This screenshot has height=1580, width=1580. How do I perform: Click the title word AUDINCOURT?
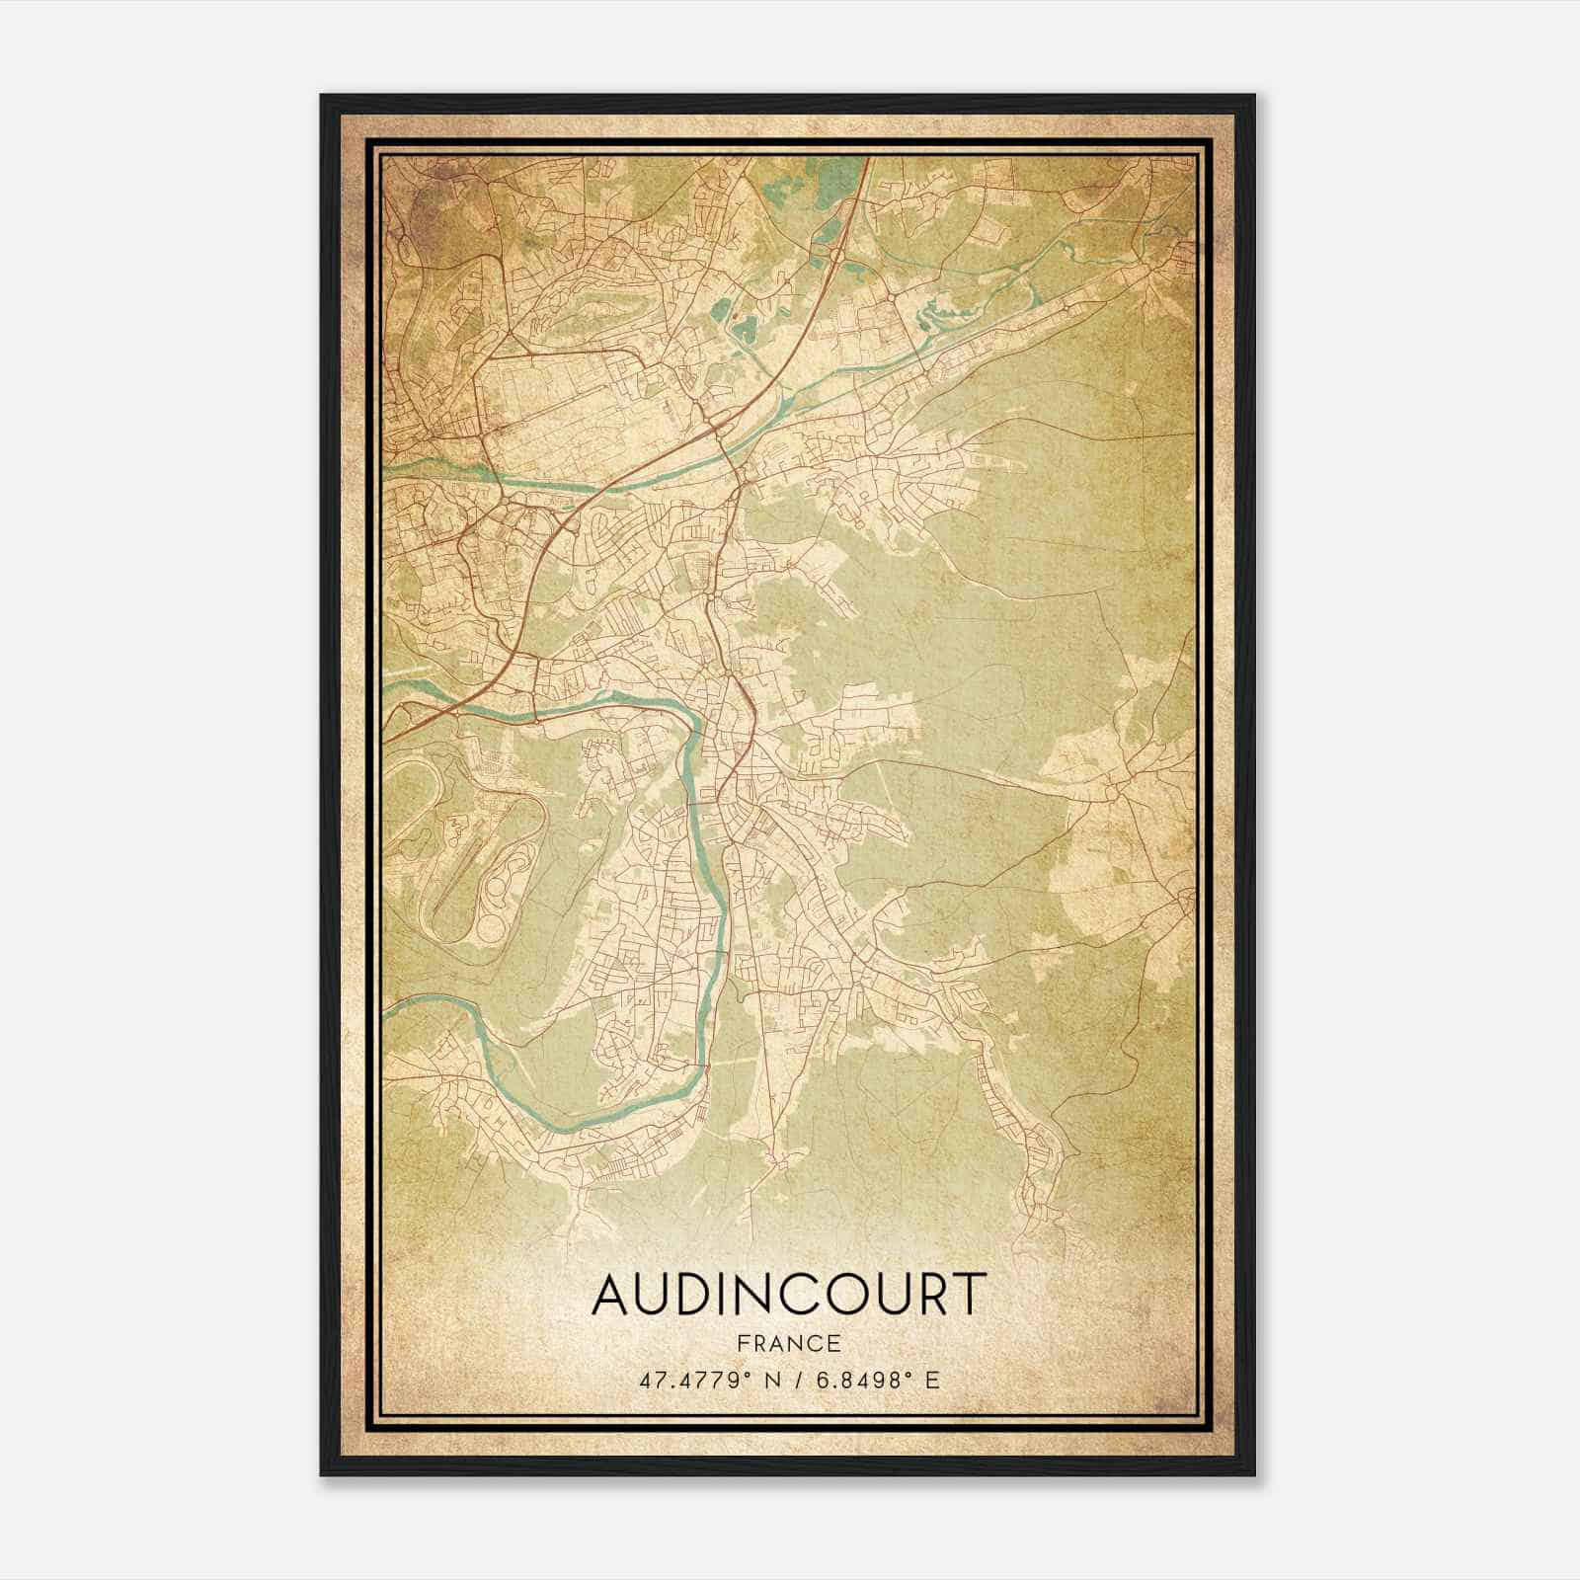click(x=788, y=1294)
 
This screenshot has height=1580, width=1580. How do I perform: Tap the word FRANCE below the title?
click(x=788, y=1343)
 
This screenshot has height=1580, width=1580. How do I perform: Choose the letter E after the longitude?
click(x=932, y=1380)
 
